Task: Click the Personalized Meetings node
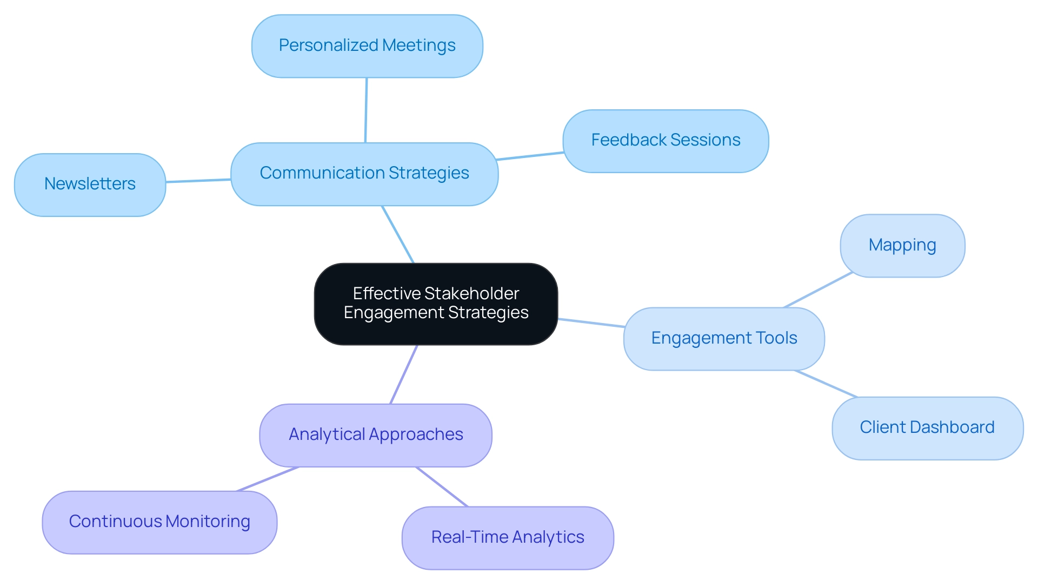pos(367,46)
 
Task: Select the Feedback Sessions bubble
pos(666,141)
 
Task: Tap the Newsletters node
pos(90,185)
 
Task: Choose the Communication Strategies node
pos(364,174)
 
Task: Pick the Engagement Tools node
pos(724,339)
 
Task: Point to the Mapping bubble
pos(902,246)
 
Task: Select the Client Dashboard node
pos(927,428)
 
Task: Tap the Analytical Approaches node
pos(376,435)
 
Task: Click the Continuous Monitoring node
pos(159,522)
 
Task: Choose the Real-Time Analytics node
pos(508,538)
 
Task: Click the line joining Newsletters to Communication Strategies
pos(198,181)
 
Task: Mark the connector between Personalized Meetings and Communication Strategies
pos(366,110)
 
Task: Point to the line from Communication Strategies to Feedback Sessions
pos(530,156)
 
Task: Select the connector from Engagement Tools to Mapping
pos(818,290)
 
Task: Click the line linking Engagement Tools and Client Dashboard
pos(826,384)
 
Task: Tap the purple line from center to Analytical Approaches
pos(404,374)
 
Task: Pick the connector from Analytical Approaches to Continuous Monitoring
pos(268,479)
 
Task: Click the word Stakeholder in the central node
pos(471,293)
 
